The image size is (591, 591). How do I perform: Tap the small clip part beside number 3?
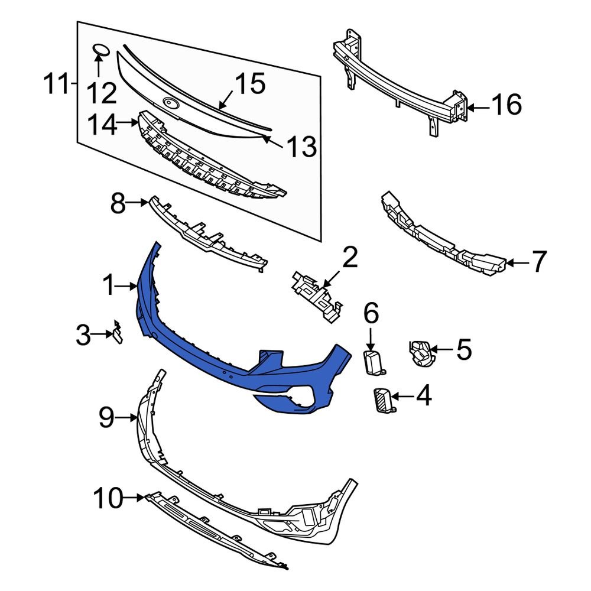point(118,333)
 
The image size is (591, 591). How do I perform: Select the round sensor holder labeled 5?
point(420,352)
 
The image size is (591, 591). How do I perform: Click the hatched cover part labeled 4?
point(384,400)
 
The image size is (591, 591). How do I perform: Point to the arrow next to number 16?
point(479,108)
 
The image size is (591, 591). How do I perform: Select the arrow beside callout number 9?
point(129,418)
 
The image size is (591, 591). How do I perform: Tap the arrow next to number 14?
point(127,124)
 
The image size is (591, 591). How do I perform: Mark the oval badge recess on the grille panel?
point(171,103)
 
